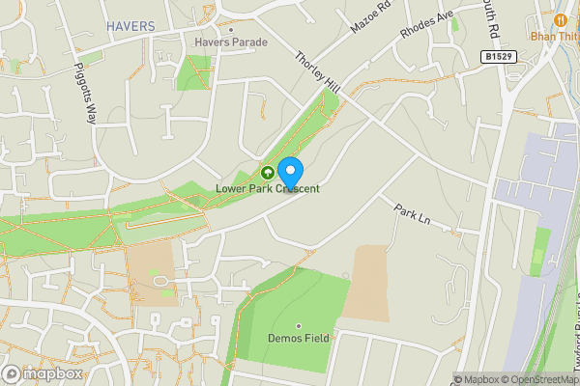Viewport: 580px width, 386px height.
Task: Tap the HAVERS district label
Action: (x=130, y=25)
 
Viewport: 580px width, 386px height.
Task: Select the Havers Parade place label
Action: (x=230, y=42)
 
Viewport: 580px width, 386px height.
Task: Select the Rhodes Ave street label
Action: (x=426, y=26)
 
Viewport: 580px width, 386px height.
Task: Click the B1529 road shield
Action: (x=499, y=58)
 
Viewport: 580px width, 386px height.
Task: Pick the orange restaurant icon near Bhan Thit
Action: (x=561, y=20)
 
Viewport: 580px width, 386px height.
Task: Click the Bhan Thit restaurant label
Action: (x=554, y=37)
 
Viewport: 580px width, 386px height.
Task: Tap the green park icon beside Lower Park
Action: (x=267, y=173)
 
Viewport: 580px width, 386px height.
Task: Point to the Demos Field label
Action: (x=299, y=339)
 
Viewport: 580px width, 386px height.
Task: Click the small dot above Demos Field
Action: (x=299, y=325)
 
